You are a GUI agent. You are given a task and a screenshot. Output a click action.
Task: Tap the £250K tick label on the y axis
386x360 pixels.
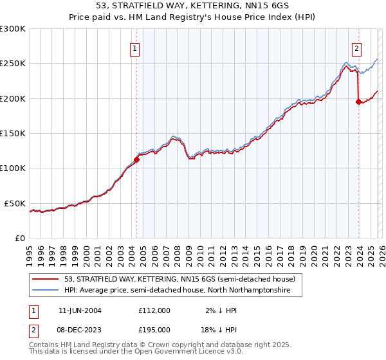[x=13, y=64]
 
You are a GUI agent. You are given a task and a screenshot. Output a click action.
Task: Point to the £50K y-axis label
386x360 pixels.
[x=15, y=203]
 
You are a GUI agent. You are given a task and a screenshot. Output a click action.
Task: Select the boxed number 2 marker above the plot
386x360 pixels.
[x=356, y=48]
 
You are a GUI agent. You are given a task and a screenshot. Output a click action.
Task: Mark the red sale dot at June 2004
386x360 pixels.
[x=136, y=159]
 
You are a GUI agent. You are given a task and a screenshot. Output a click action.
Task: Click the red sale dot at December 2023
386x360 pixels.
[x=358, y=102]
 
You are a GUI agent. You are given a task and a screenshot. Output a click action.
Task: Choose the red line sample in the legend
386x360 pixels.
[x=46, y=279]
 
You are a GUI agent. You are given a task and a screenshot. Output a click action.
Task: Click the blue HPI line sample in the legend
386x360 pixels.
[x=46, y=291]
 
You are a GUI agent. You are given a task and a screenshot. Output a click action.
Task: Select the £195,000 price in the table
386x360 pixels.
[x=154, y=329]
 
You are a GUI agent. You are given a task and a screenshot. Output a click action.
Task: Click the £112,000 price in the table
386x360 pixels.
[x=154, y=310]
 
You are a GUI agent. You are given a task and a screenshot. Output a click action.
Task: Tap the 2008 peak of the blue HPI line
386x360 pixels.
[x=174, y=136]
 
